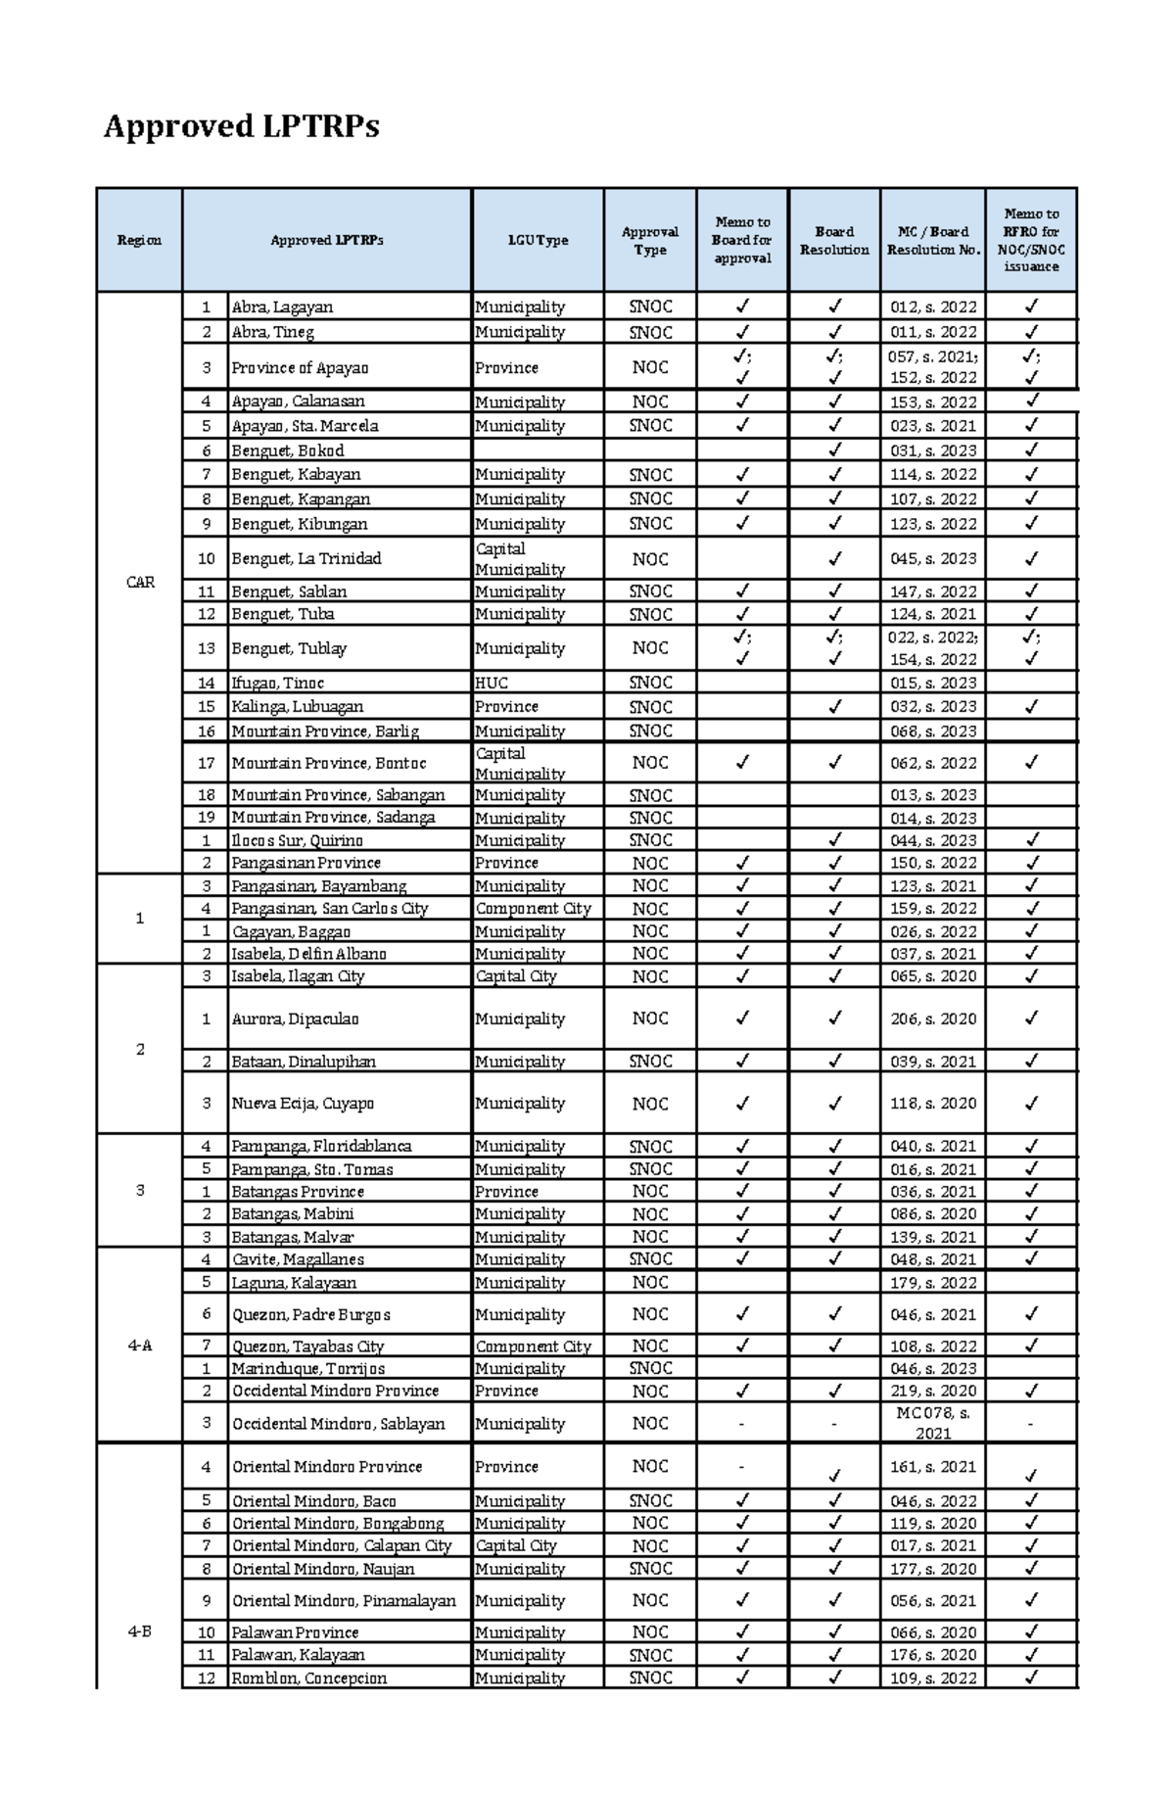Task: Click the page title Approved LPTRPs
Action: point(241,126)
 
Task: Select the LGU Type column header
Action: point(538,240)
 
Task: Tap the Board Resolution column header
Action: point(834,240)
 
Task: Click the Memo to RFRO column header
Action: point(1030,240)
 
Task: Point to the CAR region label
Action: point(140,582)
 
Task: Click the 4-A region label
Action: point(140,1346)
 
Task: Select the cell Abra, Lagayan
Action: point(282,307)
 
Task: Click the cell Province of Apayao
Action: point(300,367)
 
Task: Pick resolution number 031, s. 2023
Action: point(932,450)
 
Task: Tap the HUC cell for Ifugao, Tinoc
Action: point(492,683)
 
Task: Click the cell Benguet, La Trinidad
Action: point(305,558)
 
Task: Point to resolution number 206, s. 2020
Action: point(932,1018)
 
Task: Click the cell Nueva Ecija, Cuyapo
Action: point(303,1104)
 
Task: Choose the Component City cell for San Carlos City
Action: point(533,908)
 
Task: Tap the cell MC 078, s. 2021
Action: point(932,1423)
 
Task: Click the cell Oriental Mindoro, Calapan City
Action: point(341,1545)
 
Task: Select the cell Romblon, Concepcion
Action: point(308,1678)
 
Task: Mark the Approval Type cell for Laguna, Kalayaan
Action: point(649,1282)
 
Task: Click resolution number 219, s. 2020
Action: point(932,1391)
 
